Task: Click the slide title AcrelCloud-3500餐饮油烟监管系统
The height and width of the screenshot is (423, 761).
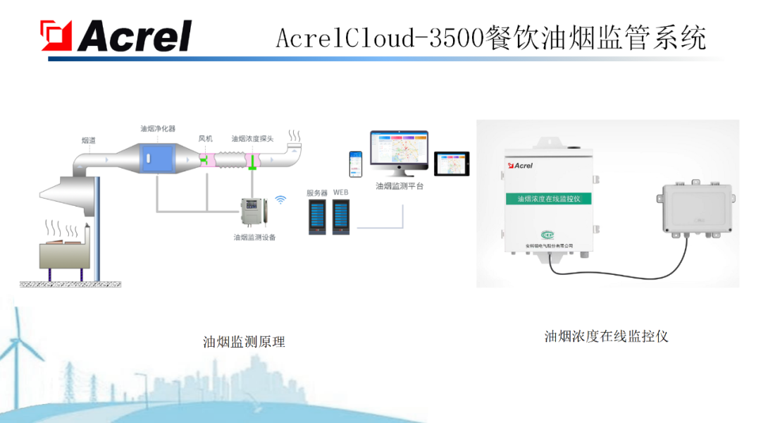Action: point(490,37)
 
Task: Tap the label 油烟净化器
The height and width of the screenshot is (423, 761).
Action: point(158,129)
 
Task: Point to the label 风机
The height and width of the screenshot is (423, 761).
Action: point(205,139)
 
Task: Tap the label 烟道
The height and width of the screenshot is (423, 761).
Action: point(89,141)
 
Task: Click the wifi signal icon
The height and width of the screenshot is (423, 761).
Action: point(280,200)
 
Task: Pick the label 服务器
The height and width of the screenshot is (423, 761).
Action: point(317,193)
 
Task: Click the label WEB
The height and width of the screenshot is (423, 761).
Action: point(341,193)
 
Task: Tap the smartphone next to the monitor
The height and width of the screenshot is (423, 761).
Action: point(356,164)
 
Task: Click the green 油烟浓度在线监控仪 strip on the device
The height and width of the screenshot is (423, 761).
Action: point(549,199)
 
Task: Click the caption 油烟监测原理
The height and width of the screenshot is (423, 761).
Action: point(244,343)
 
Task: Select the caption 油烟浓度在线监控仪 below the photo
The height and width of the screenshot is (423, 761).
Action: point(606,336)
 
